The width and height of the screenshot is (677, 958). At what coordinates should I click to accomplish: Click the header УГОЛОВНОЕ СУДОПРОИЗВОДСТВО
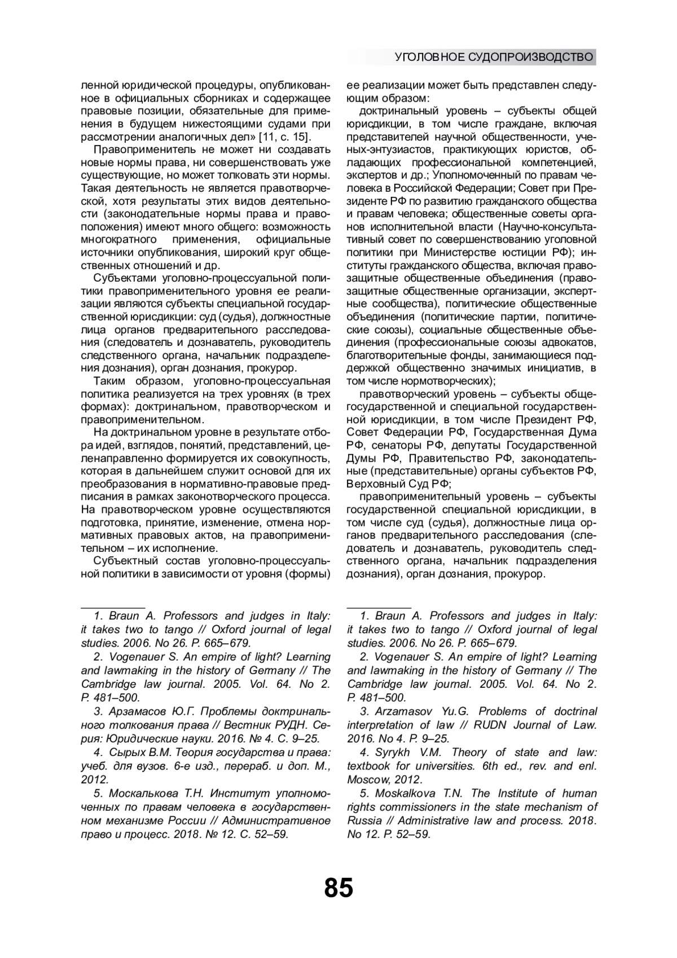[494, 57]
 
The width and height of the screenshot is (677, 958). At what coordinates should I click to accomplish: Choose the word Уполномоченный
[478, 175]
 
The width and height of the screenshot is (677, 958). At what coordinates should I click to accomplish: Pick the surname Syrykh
[393, 753]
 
